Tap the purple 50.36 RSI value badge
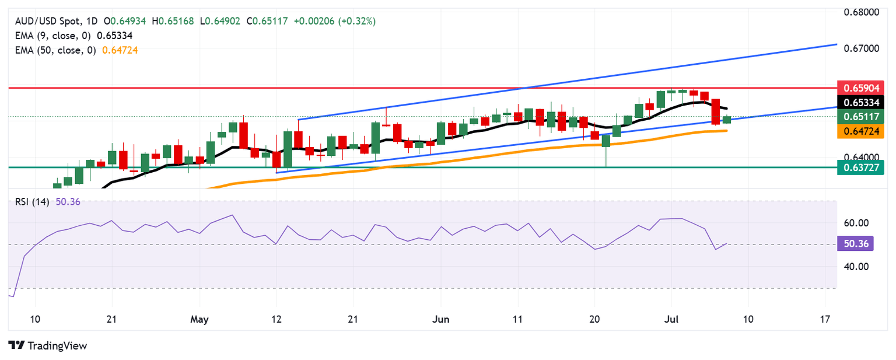coord(855,244)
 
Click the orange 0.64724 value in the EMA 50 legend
coord(120,50)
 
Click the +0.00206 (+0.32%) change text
coord(334,21)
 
